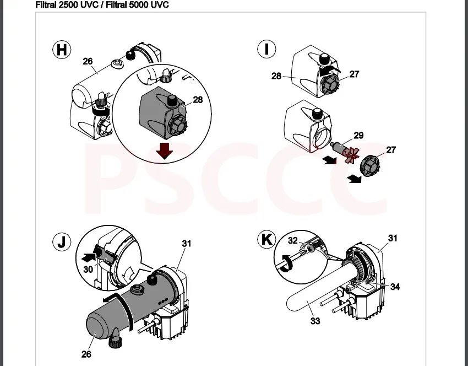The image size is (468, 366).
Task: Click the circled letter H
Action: click(x=62, y=49)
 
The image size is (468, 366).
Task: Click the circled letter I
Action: click(x=266, y=49)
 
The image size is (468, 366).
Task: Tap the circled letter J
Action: click(x=62, y=242)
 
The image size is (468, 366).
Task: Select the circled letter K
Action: click(x=266, y=240)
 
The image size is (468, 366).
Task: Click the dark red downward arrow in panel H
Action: click(x=164, y=150)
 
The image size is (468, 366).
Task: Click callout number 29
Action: click(x=358, y=136)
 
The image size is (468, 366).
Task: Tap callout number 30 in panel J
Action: click(x=88, y=270)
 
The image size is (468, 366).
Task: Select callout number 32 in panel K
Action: click(x=293, y=240)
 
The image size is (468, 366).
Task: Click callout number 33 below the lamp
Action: click(x=315, y=321)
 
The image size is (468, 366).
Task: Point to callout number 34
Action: click(x=395, y=287)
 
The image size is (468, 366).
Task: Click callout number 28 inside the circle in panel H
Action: click(x=198, y=100)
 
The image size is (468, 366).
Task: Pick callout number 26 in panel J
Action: click(x=86, y=354)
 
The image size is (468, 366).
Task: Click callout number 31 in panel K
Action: click(x=393, y=238)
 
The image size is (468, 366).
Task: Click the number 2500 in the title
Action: click(x=69, y=5)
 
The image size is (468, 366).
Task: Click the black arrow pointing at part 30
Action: click(x=89, y=256)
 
